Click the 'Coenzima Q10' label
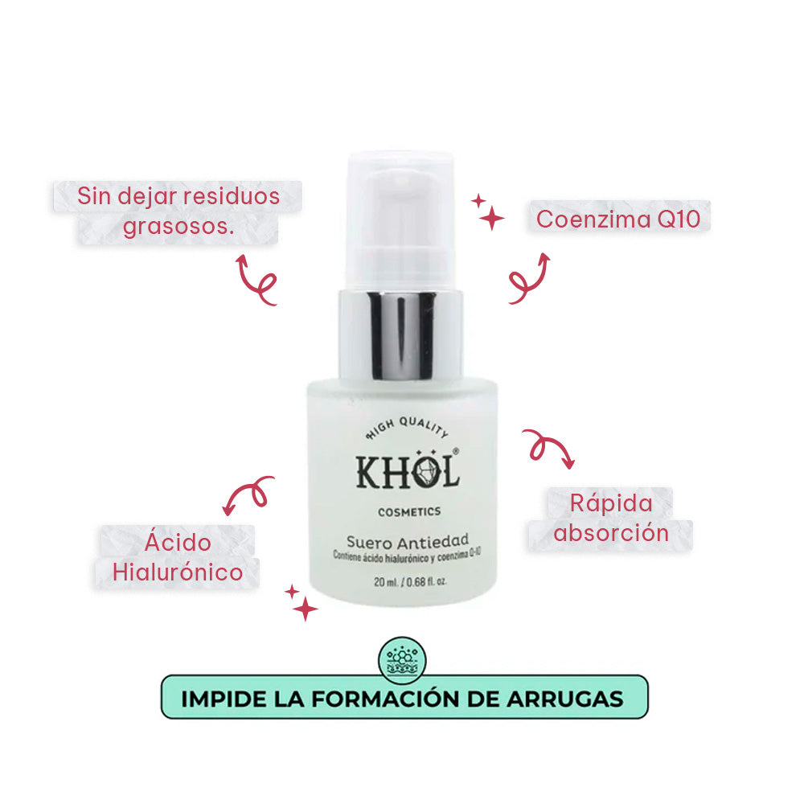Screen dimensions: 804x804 618,219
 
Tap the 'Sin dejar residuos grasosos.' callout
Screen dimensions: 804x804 178,211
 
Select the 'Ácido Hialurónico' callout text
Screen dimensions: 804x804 178,557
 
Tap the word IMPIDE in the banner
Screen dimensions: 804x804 217,698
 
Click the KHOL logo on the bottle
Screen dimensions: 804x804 408,472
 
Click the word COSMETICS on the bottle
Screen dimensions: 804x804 408,511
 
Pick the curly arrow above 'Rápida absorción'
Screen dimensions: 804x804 549,446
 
